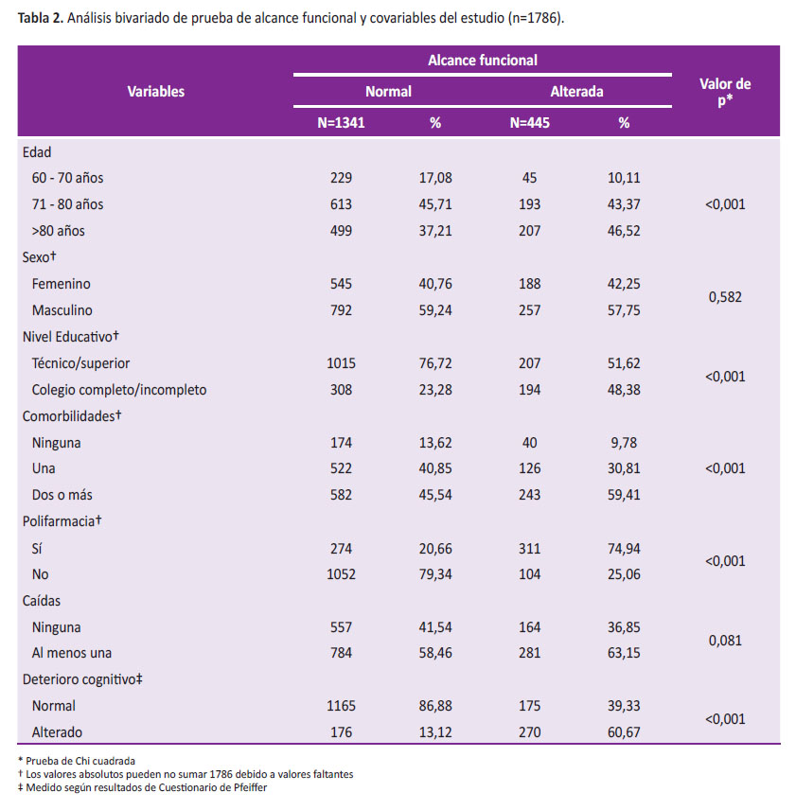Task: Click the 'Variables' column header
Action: [156, 92]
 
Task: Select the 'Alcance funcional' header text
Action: [483, 61]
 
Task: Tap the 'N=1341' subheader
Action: [341, 123]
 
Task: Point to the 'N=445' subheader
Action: [529, 123]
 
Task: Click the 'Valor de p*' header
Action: [725, 92]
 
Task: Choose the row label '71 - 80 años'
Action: [67, 204]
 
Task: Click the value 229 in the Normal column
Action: [341, 178]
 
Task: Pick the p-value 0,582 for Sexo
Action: [725, 297]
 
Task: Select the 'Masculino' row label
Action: [62, 310]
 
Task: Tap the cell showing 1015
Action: [341, 363]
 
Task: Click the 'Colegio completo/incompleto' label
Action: [119, 390]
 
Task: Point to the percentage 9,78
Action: [624, 443]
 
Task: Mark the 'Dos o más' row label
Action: [62, 495]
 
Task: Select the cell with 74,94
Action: [624, 549]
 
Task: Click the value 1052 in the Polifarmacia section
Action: [341, 574]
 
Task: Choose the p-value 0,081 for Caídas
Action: [725, 641]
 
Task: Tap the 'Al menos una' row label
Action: [72, 653]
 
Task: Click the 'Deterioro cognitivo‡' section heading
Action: [82, 679]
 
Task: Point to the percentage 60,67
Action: [624, 732]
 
